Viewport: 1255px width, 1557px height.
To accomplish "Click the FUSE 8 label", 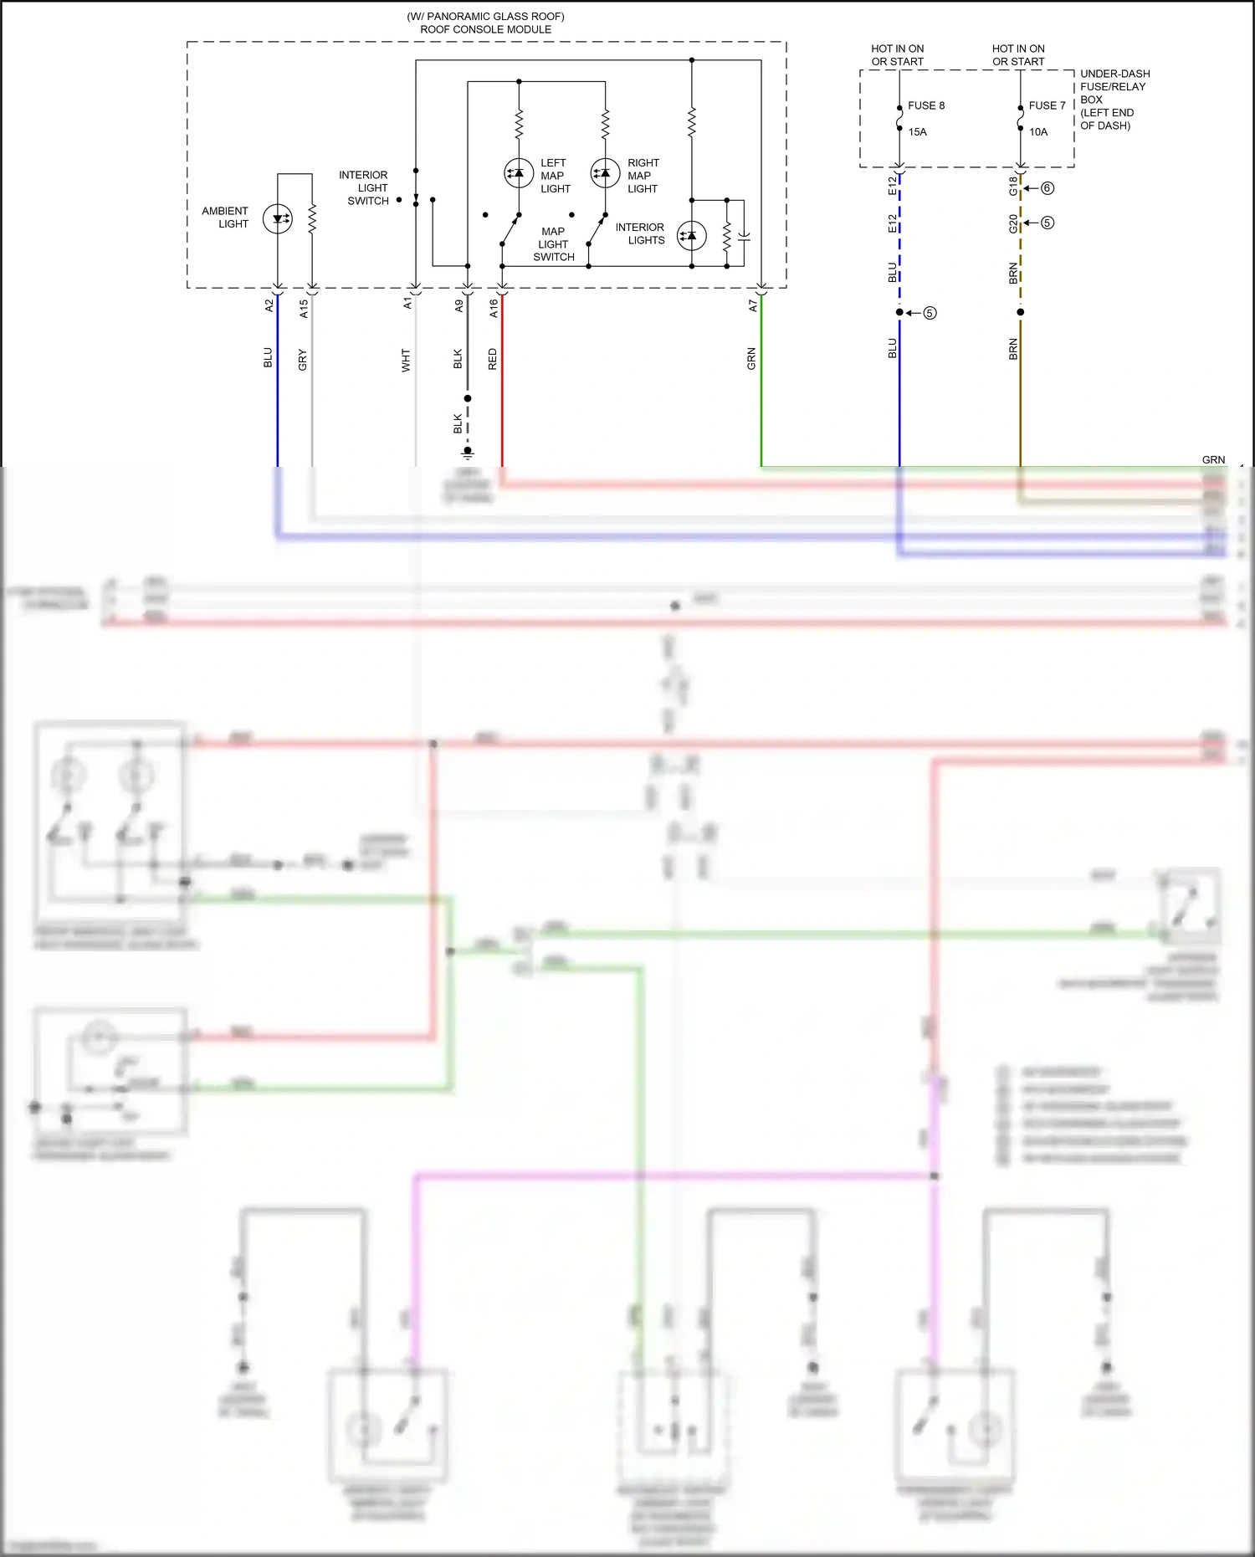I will (x=925, y=105).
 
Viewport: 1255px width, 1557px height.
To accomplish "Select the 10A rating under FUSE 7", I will (x=1037, y=131).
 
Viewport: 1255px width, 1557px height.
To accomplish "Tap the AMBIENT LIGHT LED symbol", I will (x=278, y=219).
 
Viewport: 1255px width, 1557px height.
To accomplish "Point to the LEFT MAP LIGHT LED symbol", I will (x=519, y=173).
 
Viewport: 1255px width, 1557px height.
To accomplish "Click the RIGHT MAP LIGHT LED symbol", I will (x=605, y=173).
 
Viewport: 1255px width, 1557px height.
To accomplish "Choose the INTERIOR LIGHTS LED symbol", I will (x=691, y=236).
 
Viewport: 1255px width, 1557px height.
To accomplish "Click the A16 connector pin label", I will (x=494, y=307).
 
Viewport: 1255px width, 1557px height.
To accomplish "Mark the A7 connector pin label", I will (x=752, y=306).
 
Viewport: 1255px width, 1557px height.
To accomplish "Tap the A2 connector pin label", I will (x=269, y=305).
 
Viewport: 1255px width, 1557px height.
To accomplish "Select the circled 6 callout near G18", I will (x=1047, y=188).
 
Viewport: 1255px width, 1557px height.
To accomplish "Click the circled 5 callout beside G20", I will (x=1047, y=223).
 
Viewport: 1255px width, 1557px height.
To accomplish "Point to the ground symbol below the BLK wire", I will (x=468, y=453).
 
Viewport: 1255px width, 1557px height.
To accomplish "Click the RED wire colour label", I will (x=492, y=359).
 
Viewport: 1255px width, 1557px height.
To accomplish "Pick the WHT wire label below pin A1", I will (x=406, y=360).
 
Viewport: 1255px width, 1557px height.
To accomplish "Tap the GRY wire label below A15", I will (x=303, y=360).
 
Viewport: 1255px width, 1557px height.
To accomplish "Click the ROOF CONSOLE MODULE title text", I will (x=485, y=29).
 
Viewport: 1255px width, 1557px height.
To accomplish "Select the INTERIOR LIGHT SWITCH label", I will (x=364, y=187).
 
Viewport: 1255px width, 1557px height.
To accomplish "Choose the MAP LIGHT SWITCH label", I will (x=553, y=244).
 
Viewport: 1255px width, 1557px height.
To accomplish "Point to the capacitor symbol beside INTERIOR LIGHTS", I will (x=744, y=238).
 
